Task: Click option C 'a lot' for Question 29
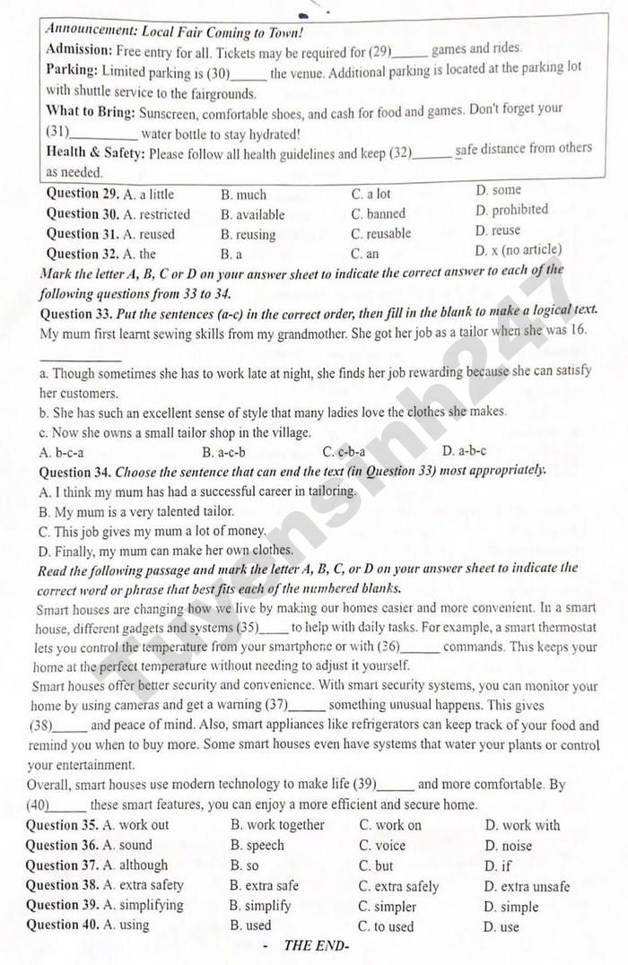click(371, 194)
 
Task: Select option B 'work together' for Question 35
click(277, 825)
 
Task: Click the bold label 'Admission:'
click(79, 49)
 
